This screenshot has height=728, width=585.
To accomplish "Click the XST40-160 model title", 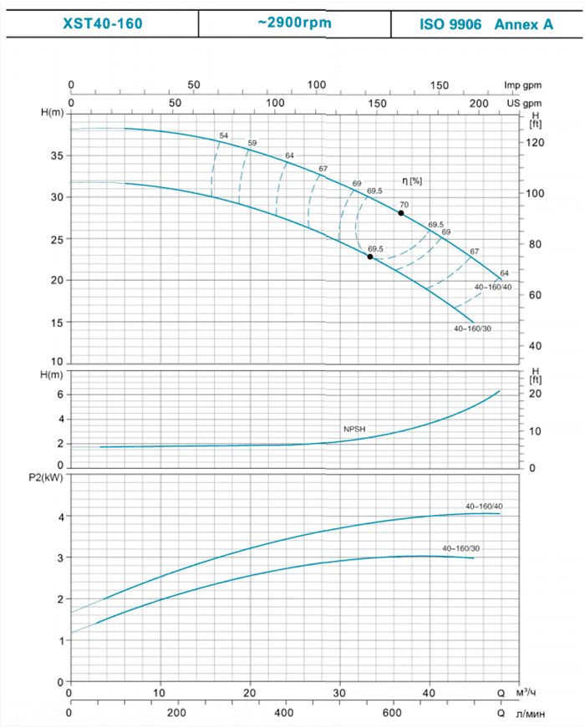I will (x=103, y=23).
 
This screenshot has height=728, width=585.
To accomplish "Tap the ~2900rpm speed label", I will (x=295, y=23).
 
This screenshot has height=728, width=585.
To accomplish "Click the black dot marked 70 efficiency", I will (x=401, y=213).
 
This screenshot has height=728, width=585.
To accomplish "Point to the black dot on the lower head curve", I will (x=370, y=257).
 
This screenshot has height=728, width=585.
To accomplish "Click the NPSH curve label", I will (x=354, y=429).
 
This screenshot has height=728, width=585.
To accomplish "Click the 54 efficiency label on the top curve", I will (x=223, y=135).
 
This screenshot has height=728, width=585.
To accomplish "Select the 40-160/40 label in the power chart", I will (x=484, y=507).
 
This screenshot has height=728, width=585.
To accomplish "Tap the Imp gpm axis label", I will (x=523, y=86).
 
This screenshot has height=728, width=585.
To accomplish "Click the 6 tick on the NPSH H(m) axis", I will (x=60, y=394).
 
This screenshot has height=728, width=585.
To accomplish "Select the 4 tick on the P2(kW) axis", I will (x=60, y=517).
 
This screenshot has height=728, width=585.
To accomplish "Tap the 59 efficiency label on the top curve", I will (x=252, y=143).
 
